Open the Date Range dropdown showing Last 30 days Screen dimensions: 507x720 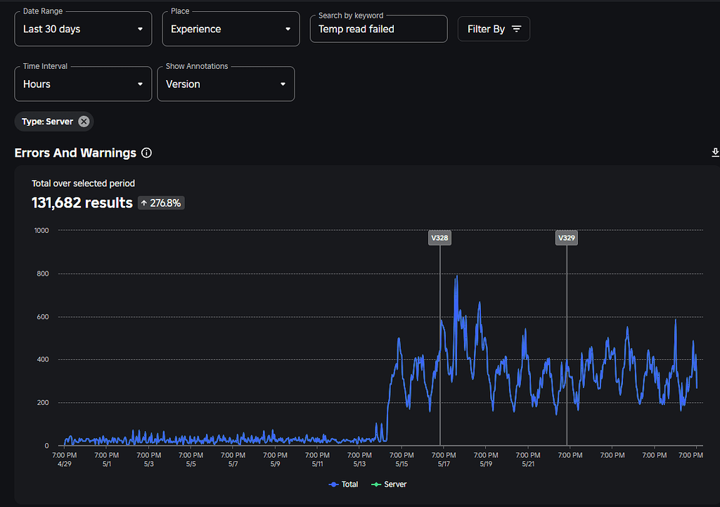[x=83, y=30]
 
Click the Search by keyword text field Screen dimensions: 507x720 [x=378, y=30]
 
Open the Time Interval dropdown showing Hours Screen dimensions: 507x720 [x=83, y=84]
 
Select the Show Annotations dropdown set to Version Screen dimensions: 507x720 [x=226, y=84]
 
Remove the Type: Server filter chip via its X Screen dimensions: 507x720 [x=84, y=122]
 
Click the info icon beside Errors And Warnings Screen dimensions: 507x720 [x=146, y=153]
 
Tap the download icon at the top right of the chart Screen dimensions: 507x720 [x=715, y=153]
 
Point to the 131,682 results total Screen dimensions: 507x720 [x=82, y=203]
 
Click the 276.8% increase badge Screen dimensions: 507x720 [x=161, y=203]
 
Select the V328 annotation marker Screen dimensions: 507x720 [x=439, y=238]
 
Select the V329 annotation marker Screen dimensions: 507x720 [x=567, y=238]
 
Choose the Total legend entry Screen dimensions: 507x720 [x=344, y=484]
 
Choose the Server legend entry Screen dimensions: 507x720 [x=389, y=484]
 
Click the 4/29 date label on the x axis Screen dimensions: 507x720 [x=64, y=464]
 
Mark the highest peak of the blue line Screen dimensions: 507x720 [x=456, y=276]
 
